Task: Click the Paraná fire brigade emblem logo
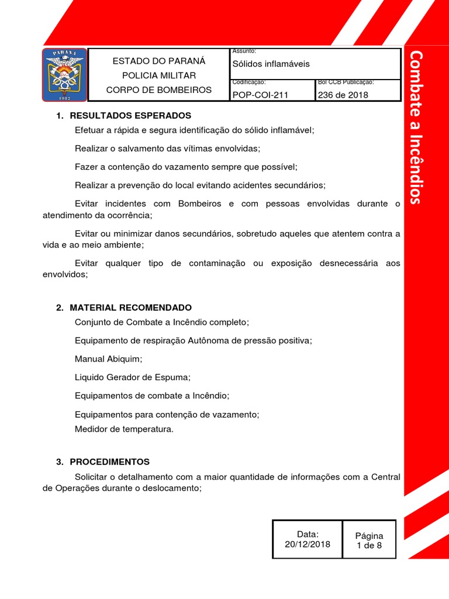point(64,74)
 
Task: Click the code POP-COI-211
point(260,95)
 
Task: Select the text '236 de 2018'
point(343,95)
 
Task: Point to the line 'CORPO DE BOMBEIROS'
point(158,90)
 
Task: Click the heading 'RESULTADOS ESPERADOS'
point(130,116)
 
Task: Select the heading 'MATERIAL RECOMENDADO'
point(130,308)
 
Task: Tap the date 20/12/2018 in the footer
point(308,544)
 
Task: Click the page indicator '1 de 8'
point(369,545)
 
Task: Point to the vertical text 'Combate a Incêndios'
point(416,127)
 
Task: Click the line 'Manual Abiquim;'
point(109,359)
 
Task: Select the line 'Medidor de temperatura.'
point(125,429)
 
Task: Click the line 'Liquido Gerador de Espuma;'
point(133,377)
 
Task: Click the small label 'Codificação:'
point(249,82)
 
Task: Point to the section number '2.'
point(60,308)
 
